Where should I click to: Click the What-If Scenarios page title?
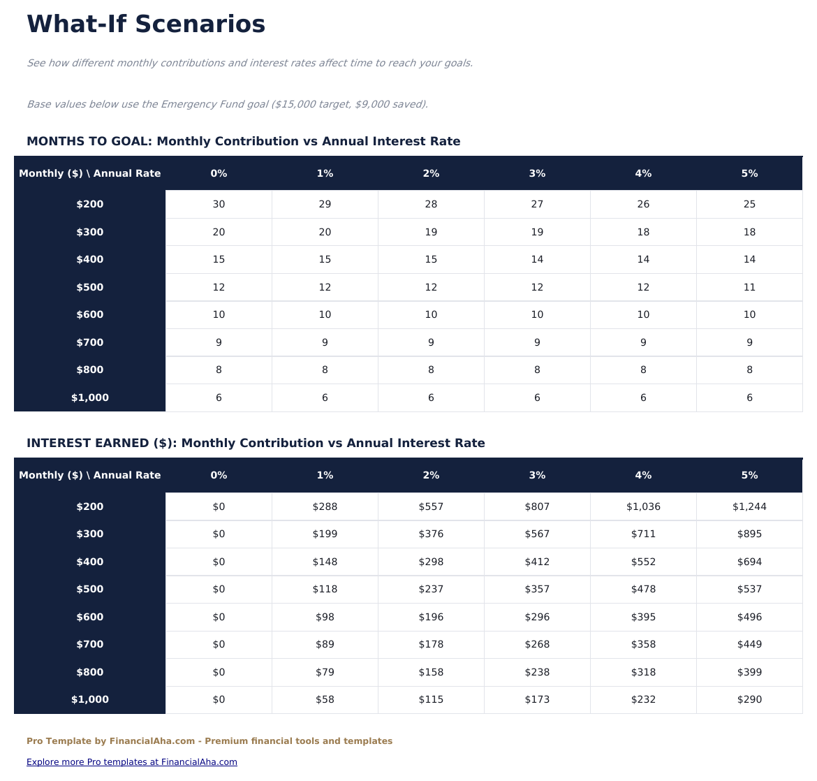[146, 24]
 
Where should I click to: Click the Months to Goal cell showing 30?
[219, 205]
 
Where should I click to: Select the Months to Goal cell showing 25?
[749, 205]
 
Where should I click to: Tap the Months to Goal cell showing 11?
[749, 287]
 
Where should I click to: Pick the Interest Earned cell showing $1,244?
[749, 506]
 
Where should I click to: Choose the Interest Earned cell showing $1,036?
[643, 506]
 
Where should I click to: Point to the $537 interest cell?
[749, 589]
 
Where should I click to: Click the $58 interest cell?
[325, 699]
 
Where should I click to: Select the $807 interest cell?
[537, 506]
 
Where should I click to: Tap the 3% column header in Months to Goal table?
[537, 173]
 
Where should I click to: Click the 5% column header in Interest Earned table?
[749, 475]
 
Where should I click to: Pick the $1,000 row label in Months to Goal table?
[90, 397]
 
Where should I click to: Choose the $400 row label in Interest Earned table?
[90, 562]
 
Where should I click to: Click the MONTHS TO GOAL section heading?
[243, 141]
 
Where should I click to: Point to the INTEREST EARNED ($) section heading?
[256, 443]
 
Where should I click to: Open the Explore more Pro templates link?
[132, 762]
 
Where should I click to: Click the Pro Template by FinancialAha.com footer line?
[209, 741]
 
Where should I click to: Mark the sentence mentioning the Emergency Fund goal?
[227, 104]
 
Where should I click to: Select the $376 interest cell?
[431, 534]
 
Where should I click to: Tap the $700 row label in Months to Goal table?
[90, 342]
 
